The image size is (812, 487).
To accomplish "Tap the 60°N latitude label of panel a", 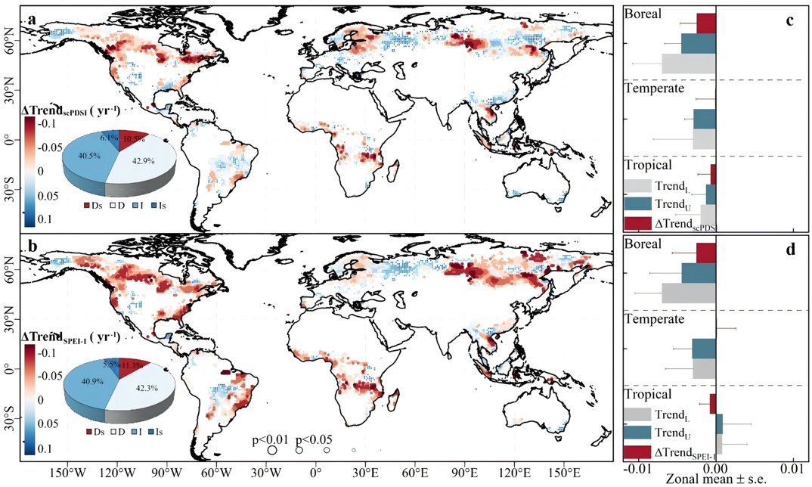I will pyautogui.click(x=15, y=46).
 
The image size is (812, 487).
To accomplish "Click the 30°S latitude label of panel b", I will pyautogui.click(x=13, y=415).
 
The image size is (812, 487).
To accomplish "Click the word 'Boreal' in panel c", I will pyautogui.click(x=643, y=14).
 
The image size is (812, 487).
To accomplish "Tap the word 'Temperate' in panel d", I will pyautogui.click(x=654, y=319).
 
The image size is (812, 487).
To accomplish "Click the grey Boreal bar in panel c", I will pyautogui.click(x=688, y=64).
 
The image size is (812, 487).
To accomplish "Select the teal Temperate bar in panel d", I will pyautogui.click(x=703, y=348).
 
